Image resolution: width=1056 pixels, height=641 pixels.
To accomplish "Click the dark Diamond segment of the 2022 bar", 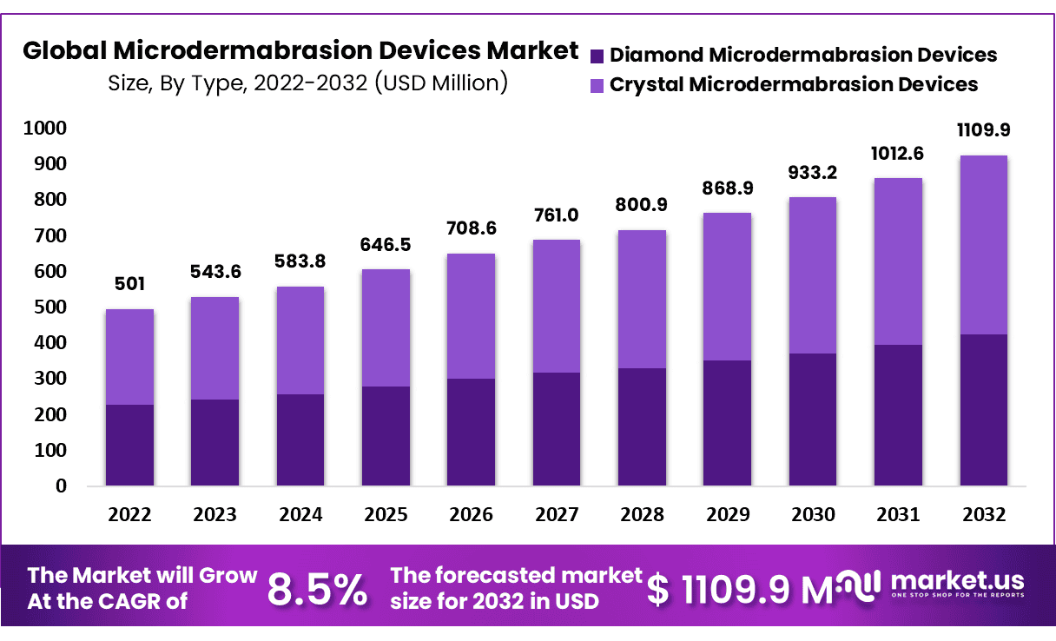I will click(129, 445).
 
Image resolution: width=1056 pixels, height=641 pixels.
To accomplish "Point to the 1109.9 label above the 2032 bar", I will click(983, 130).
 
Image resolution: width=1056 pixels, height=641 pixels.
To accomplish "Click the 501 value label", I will click(129, 284).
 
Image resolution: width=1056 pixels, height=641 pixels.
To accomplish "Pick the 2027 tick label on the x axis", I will click(556, 514).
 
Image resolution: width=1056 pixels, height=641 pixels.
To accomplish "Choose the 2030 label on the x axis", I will click(813, 514).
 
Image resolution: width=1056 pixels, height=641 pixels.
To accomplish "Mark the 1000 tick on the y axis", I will click(44, 129).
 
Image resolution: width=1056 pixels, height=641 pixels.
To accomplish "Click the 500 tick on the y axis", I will click(49, 307).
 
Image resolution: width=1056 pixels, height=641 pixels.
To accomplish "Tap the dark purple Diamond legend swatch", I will click(597, 56).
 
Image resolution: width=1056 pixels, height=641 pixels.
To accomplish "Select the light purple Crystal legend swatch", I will click(597, 85).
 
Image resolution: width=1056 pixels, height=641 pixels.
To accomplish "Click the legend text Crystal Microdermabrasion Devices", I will click(794, 84).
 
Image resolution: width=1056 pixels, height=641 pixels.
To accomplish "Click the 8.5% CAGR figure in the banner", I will click(317, 590).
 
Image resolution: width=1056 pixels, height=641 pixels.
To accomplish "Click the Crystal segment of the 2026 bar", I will click(471, 316).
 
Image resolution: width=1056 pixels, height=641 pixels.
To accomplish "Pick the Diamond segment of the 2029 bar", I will click(728, 422).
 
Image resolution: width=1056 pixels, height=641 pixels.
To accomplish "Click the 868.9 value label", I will click(728, 188).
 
